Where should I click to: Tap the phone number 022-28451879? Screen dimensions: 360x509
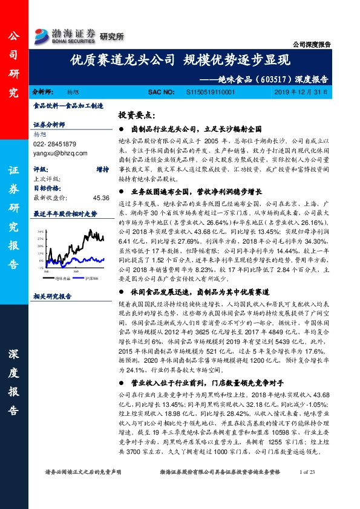click(x=54, y=144)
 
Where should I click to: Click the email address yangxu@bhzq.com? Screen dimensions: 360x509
click(x=59, y=154)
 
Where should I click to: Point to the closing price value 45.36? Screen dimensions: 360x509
click(x=101, y=197)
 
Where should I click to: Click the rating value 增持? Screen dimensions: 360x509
click(x=102, y=170)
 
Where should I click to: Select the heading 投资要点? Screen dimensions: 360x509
click(x=137, y=114)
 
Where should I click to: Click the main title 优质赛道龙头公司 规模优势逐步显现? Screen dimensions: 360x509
click(x=181, y=60)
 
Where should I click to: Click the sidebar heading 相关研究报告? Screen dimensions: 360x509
click(x=53, y=296)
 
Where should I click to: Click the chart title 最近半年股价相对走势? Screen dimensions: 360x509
click(x=65, y=213)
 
